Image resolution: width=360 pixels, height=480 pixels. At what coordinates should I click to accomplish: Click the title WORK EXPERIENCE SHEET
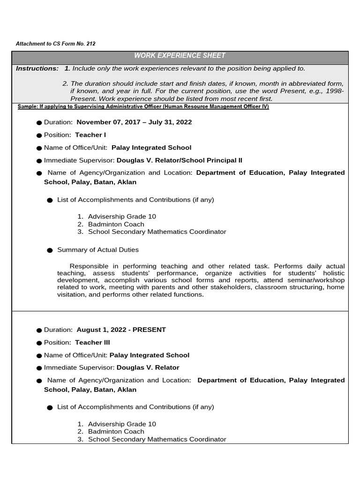click(180, 56)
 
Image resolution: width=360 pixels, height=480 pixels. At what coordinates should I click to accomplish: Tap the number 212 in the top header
click(90, 44)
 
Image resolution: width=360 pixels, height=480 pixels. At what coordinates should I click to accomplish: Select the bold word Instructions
click(37, 68)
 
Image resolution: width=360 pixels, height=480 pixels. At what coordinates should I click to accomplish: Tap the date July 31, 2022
click(171, 122)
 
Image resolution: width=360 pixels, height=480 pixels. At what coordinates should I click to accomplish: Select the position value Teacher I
click(94, 135)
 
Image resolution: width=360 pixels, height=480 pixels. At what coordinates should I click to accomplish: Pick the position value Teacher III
click(96, 343)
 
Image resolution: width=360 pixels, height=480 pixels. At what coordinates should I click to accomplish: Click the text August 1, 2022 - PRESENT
click(121, 330)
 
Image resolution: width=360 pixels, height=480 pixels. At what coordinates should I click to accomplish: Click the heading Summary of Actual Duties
click(97, 250)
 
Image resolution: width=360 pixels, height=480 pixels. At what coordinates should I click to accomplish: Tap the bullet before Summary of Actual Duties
click(50, 250)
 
